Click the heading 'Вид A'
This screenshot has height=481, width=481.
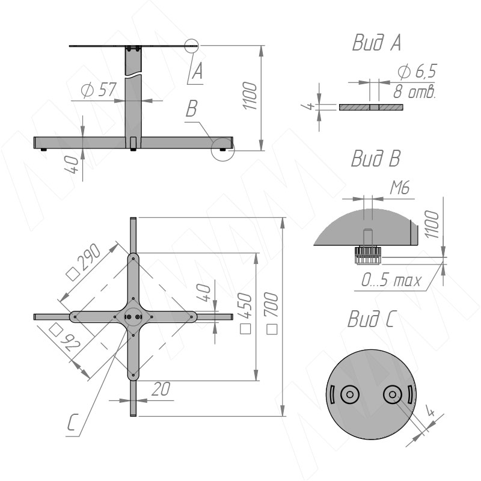tap(377, 42)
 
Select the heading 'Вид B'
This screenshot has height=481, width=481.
tap(376, 158)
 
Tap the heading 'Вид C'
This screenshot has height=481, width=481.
tap(371, 319)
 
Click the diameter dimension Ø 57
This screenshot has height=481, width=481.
tap(99, 89)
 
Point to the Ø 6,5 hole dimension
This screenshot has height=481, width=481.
tap(417, 72)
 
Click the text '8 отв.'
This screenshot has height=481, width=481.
tap(414, 91)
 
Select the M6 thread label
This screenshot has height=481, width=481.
tap(400, 188)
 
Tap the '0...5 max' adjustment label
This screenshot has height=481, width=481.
tap(391, 280)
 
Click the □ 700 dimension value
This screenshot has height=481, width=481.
tap(272, 313)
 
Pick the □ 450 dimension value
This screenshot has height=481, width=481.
tap(245, 313)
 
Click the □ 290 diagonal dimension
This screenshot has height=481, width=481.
tap(84, 262)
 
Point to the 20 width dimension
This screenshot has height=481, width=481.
tap(161, 389)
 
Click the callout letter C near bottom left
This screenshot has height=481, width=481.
tap(73, 422)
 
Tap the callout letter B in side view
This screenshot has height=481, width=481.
tap(191, 108)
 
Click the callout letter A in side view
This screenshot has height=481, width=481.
tap(197, 71)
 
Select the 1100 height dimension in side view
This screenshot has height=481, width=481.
tap(250, 96)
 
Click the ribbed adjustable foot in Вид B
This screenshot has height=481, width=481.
tap(367, 255)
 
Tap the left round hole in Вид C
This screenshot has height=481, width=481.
tap(350, 394)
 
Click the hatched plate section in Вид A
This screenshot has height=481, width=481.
tap(371, 108)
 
